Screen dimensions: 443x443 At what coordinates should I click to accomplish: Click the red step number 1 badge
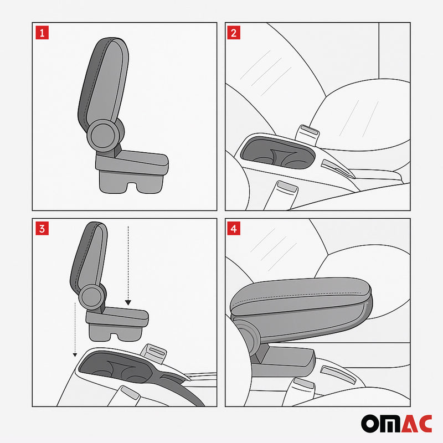click(42, 32)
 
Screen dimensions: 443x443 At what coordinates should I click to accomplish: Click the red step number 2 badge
click(234, 32)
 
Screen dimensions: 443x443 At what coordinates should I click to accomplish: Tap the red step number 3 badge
click(42, 228)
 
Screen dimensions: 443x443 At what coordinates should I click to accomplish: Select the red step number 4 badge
click(234, 228)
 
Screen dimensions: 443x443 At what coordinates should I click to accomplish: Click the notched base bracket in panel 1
click(130, 180)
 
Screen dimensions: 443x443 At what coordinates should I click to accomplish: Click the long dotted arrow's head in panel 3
click(75, 355)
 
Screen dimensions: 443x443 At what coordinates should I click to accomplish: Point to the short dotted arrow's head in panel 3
click(128, 302)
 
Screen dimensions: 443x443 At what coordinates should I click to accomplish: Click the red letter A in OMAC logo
click(406, 423)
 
